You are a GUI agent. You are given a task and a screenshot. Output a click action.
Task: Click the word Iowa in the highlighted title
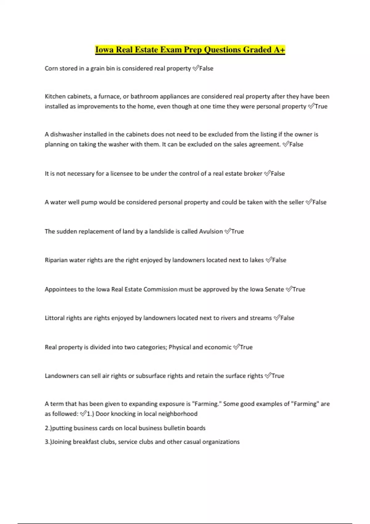[x=104, y=50]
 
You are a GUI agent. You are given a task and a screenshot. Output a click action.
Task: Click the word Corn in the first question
[x=51, y=68]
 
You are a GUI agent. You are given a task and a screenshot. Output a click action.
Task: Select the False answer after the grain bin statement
[x=206, y=68]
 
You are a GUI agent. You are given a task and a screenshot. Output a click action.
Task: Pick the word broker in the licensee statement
[x=253, y=174]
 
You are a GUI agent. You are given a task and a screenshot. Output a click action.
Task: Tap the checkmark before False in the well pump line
[x=309, y=202]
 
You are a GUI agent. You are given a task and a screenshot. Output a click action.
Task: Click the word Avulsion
[x=211, y=231]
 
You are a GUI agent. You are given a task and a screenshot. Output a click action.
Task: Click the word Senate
[x=274, y=289]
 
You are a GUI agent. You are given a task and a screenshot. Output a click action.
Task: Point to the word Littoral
[x=55, y=318]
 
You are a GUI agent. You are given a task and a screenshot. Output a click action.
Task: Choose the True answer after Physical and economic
[x=246, y=347]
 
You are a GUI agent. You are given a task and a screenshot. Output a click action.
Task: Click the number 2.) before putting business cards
[x=48, y=428]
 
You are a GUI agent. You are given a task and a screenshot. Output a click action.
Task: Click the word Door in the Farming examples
[x=102, y=414]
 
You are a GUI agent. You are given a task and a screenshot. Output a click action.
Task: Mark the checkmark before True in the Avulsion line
[x=228, y=231]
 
